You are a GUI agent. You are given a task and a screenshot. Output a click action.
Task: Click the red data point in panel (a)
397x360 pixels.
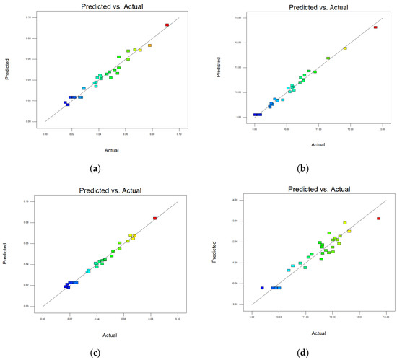click(x=167, y=25)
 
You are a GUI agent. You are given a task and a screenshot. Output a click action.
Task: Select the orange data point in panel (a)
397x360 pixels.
click(x=149, y=45)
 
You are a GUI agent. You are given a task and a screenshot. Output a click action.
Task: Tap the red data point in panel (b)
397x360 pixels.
click(x=375, y=27)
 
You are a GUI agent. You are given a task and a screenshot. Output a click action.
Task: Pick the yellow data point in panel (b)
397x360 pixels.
click(x=345, y=48)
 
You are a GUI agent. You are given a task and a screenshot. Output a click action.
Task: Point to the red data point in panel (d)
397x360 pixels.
click(x=378, y=219)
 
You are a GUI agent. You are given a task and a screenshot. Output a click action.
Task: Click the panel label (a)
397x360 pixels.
click(x=94, y=167)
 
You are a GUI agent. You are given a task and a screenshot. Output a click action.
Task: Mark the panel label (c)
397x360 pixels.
click(x=94, y=351)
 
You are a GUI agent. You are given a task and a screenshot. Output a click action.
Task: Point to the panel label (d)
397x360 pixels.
click(x=318, y=351)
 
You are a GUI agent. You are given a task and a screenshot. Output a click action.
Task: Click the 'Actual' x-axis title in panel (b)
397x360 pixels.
click(x=318, y=144)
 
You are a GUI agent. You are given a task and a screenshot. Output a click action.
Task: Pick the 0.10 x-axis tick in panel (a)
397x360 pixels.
click(x=180, y=134)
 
